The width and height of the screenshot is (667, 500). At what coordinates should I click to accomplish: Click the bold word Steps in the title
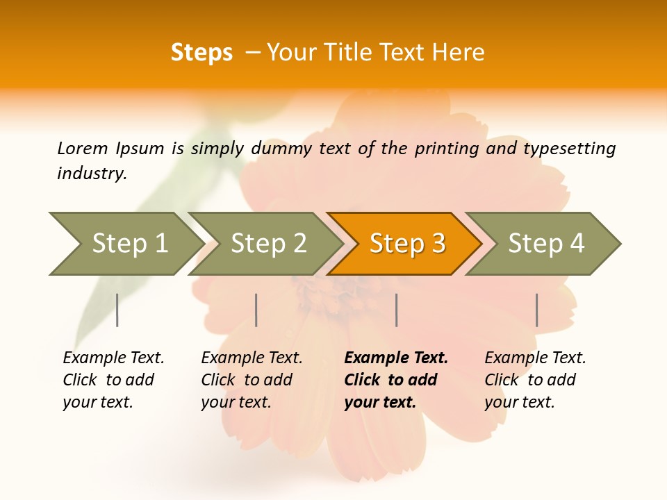click(x=201, y=53)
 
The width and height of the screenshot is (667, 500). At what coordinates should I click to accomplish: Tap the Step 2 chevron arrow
click(x=268, y=244)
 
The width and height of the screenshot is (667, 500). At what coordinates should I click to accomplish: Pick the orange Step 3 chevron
click(x=407, y=244)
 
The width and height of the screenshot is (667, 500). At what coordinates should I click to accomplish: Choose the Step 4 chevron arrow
click(x=546, y=244)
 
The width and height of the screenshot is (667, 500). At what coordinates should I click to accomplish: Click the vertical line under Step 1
click(x=117, y=310)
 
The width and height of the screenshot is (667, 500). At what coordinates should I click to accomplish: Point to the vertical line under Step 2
click(x=256, y=310)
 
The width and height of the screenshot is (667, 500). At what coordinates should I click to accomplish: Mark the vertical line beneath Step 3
click(x=396, y=310)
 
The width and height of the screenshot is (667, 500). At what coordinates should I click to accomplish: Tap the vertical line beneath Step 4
click(x=536, y=310)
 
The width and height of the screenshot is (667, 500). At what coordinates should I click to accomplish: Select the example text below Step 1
click(x=113, y=379)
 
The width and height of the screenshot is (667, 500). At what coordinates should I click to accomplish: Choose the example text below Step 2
click(x=252, y=379)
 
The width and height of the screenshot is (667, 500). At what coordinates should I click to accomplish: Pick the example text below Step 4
click(x=535, y=379)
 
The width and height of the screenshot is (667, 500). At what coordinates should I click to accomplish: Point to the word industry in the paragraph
click(x=91, y=174)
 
